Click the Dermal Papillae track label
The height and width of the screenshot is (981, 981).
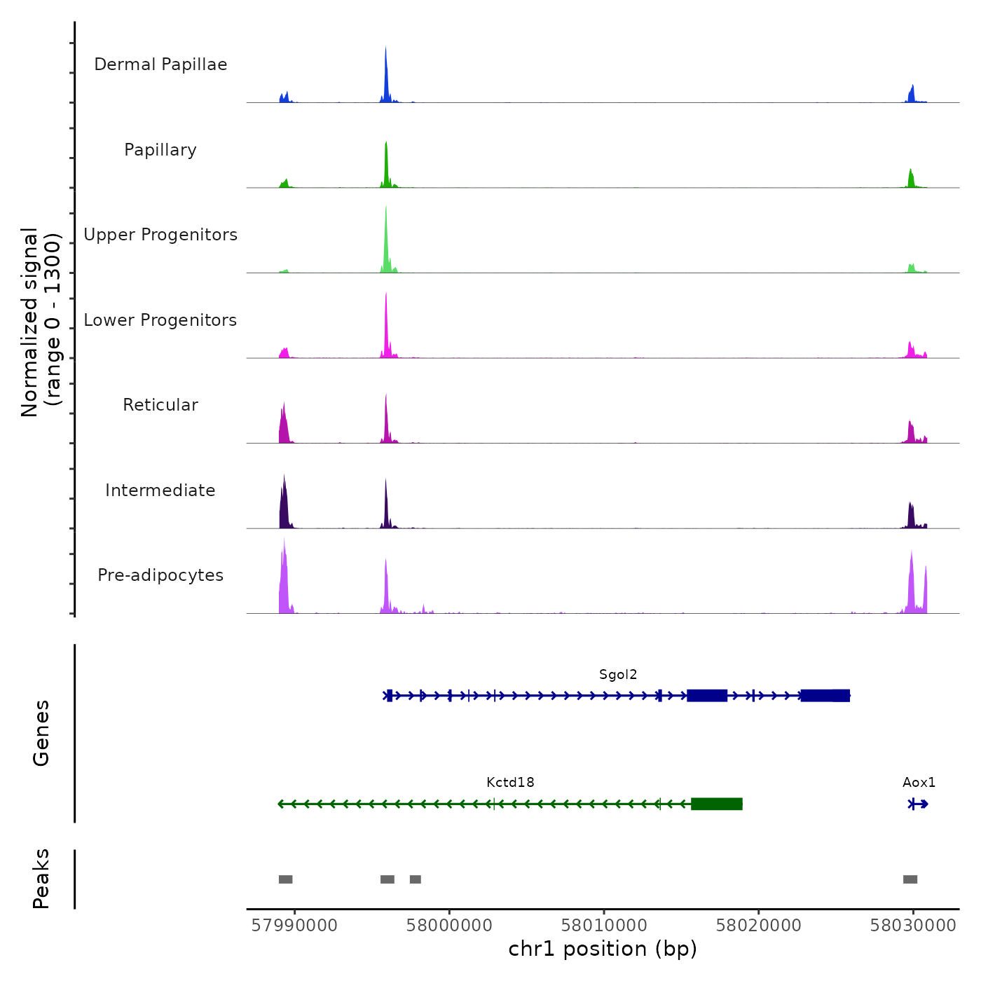coord(160,64)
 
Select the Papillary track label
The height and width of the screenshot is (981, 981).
coord(160,150)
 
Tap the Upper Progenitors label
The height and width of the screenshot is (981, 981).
coord(160,235)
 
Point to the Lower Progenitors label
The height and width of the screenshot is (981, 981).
coord(160,320)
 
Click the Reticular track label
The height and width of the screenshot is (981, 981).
coord(160,405)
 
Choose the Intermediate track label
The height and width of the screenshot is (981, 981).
coord(160,490)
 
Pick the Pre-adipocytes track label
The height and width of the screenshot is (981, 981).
coord(160,575)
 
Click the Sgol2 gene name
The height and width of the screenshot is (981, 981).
coord(618,675)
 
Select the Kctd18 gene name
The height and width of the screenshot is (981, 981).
coord(510,783)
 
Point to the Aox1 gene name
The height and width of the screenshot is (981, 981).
coord(919,783)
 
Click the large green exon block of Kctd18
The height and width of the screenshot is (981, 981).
coord(716,804)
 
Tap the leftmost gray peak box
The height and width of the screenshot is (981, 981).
coord(285,879)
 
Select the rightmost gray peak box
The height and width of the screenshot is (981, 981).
coord(910,879)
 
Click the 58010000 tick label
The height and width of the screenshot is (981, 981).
coord(604,926)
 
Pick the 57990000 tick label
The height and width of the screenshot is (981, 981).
coord(294,926)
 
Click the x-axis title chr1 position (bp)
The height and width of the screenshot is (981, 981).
coord(603,949)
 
